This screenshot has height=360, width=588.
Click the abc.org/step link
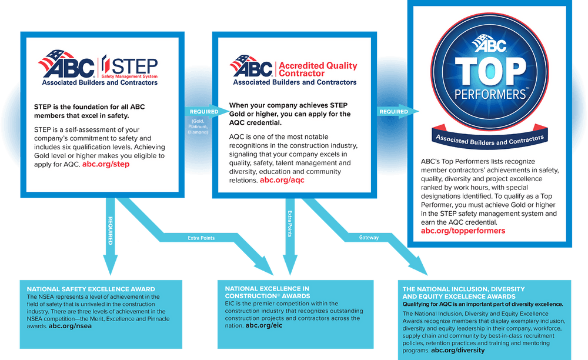[106, 164]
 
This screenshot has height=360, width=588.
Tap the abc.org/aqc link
[282, 180]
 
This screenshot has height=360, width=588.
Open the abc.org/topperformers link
[463, 231]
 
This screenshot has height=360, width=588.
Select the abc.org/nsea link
[70, 326]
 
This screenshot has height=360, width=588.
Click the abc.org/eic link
[264, 325]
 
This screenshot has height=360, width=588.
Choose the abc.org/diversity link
[458, 350]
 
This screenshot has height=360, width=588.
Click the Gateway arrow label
[369, 238]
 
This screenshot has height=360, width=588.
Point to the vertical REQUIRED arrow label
[111, 231]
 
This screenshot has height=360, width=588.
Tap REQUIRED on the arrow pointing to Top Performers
[394, 111]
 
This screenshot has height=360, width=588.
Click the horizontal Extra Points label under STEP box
[201, 238]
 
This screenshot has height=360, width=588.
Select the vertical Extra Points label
[290, 224]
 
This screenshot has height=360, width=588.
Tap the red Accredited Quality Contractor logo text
[318, 69]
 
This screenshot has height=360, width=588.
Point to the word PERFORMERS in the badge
[490, 94]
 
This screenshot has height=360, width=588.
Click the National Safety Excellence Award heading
[91, 289]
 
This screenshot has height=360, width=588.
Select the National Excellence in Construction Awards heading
[268, 292]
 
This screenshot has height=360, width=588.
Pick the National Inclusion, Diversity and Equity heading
[463, 292]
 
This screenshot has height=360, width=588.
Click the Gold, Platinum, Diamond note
[198, 126]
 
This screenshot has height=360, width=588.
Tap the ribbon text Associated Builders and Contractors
[490, 140]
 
